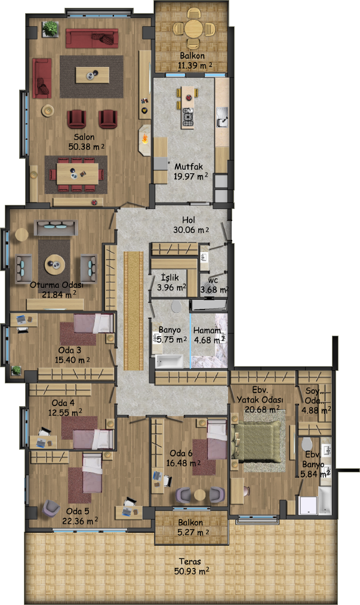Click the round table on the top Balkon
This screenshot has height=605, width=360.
[192, 29]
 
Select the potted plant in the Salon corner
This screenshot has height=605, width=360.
[50, 29]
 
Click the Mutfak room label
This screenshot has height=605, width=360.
[188, 167]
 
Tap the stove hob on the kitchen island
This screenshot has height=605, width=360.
[188, 116]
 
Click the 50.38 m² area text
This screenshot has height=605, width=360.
[87, 146]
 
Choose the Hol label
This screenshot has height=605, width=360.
[188, 220]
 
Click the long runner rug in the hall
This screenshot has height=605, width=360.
[134, 311]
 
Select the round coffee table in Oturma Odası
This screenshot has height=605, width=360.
[55, 265]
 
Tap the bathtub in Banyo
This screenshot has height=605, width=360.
[169, 361]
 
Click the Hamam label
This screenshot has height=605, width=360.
[207, 330]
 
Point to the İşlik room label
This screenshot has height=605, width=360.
[170, 278]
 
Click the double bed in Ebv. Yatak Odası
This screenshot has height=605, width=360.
[257, 441]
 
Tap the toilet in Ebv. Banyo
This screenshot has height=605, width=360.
[307, 444]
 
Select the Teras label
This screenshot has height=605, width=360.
[190, 561]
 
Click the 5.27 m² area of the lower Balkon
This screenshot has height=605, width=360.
[193, 533]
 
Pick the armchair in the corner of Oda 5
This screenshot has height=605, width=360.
[51, 508]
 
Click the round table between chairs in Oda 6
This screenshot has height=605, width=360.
[199, 495]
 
